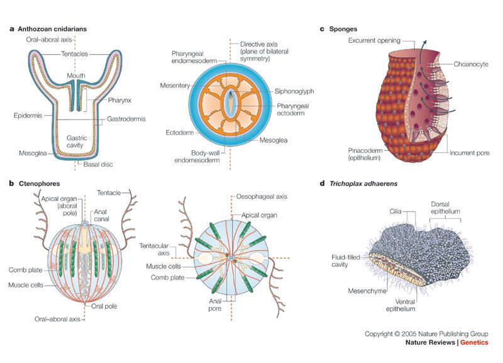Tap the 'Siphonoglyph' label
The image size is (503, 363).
pyautogui.click(x=278, y=91)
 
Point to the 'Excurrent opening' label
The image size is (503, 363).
pyautogui.click(x=374, y=41)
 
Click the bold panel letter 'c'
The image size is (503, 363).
pyautogui.click(x=322, y=29)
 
